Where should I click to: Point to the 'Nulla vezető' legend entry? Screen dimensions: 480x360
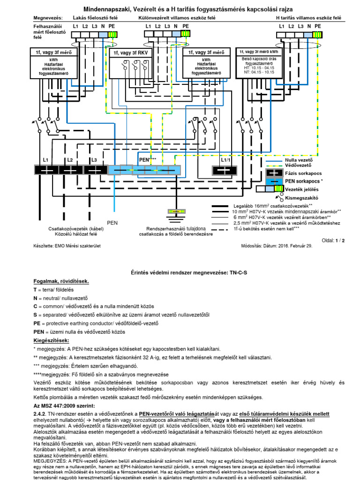(298, 160)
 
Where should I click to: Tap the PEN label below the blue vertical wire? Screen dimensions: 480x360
(113, 222)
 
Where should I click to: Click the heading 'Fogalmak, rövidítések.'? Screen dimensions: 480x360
(61, 281)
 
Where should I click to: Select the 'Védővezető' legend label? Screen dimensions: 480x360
(298, 166)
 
